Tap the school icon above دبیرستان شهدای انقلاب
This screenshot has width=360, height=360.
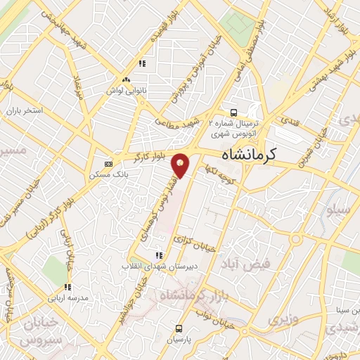159,255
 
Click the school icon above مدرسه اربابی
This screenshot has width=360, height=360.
68,287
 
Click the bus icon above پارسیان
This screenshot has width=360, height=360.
179,328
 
